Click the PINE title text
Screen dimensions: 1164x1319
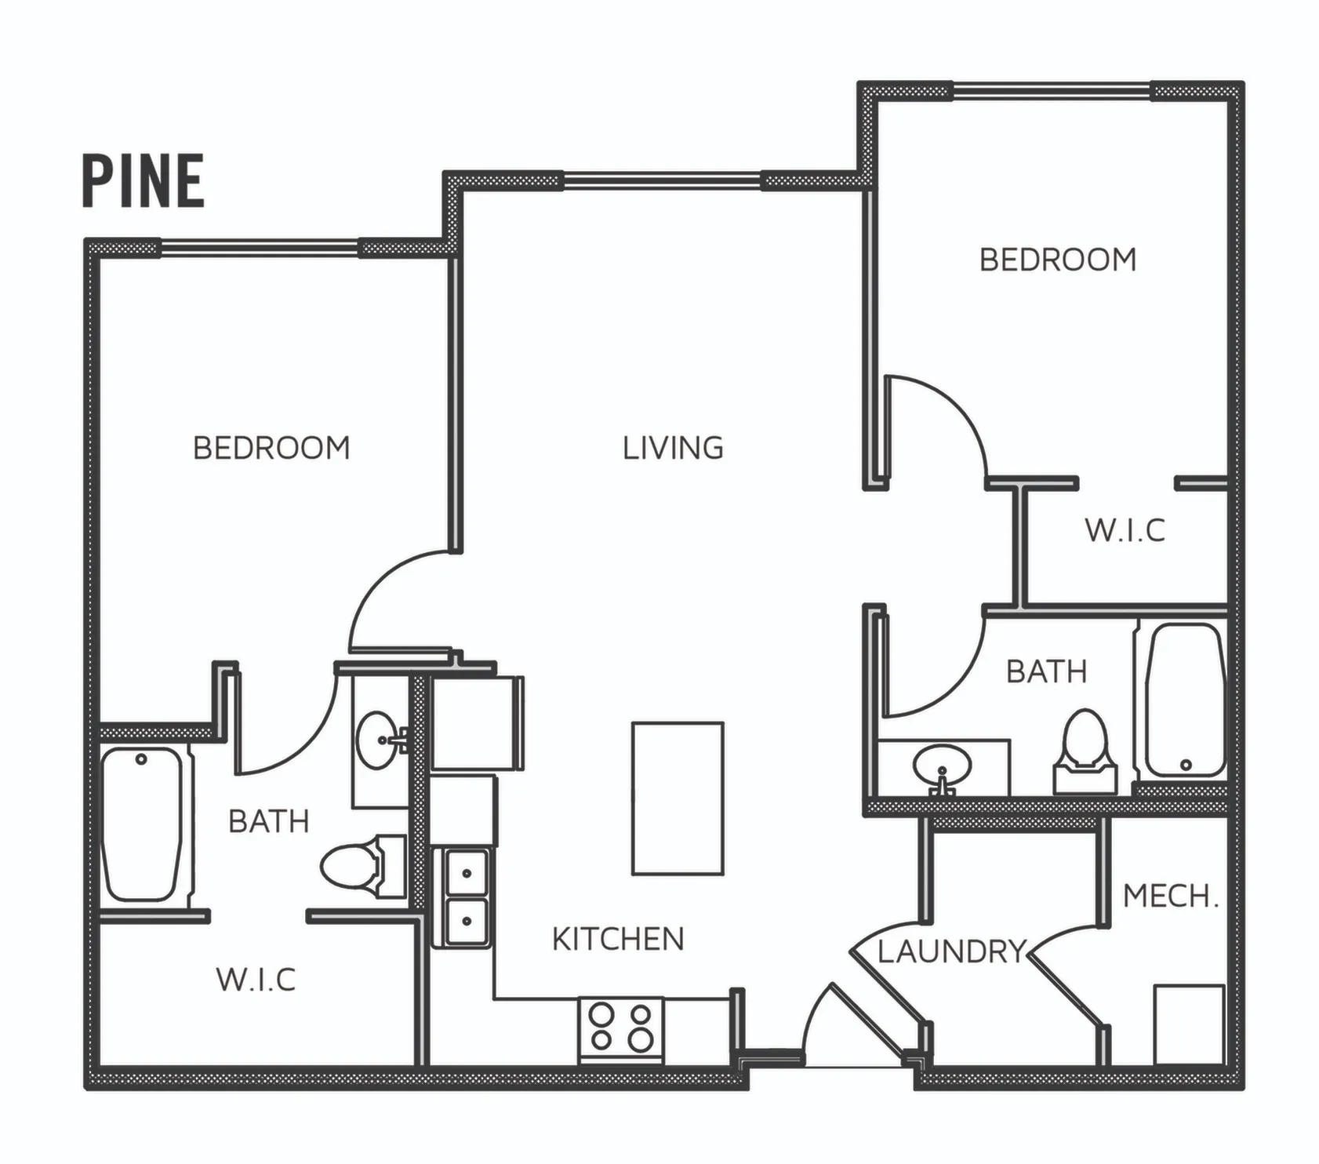click(144, 181)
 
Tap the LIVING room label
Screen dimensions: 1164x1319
click(673, 448)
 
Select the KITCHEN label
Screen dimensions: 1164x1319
click(618, 939)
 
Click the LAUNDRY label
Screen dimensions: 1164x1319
click(951, 951)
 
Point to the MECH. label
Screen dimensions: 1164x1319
click(1171, 896)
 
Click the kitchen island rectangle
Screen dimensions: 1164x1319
click(678, 798)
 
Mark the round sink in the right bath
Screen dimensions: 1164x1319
click(942, 766)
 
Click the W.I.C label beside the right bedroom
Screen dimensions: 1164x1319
click(1125, 530)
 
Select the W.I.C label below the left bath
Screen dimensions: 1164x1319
click(256, 980)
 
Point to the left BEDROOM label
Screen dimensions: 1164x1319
click(271, 448)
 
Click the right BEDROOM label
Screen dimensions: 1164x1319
click(1057, 260)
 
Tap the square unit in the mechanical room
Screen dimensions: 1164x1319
click(1189, 1024)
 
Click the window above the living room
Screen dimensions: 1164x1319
click(662, 181)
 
